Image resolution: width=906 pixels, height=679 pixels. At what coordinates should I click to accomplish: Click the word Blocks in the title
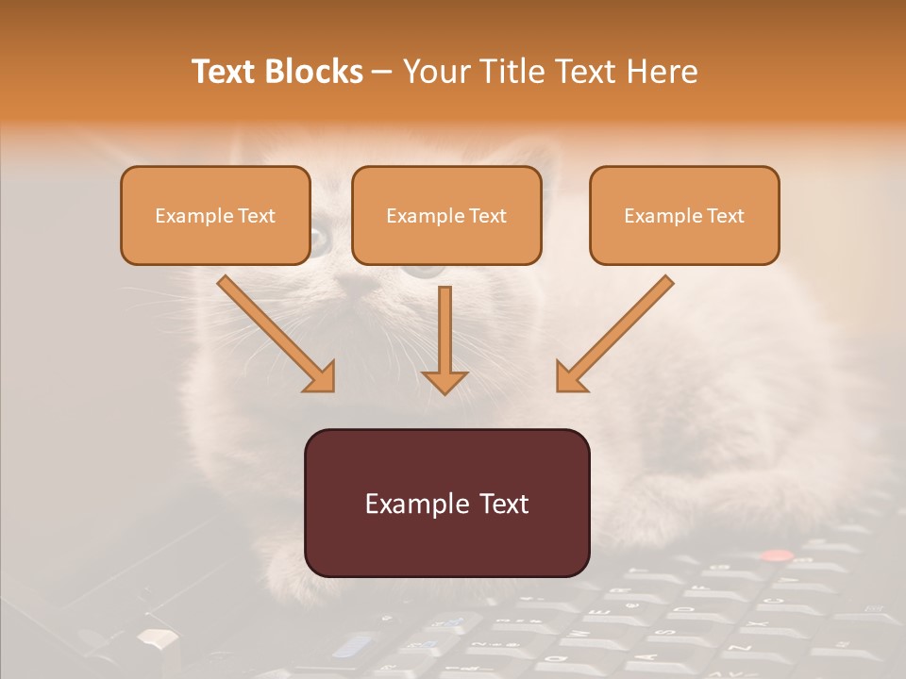(314, 71)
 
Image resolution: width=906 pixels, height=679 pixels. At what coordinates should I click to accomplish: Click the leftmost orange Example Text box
(215, 216)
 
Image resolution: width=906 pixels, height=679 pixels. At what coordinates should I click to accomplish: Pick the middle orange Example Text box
(446, 216)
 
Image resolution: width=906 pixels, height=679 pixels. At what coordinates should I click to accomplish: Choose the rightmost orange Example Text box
(684, 216)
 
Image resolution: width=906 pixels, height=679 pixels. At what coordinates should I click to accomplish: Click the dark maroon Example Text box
(446, 503)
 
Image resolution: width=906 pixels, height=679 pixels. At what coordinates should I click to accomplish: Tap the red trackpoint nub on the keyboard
(778, 555)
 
